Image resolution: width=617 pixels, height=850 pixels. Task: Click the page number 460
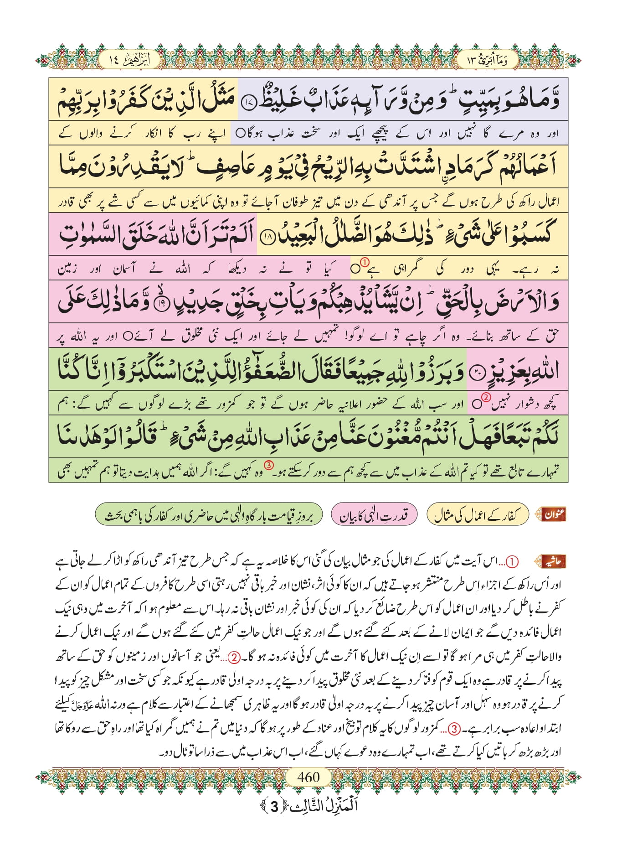(308, 777)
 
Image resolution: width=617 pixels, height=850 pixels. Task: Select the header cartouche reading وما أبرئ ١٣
(488, 60)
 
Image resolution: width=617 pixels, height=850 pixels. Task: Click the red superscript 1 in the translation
(365, 262)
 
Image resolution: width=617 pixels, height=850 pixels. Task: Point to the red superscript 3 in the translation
(269, 466)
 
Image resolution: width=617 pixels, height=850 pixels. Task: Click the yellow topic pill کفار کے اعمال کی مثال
(477, 515)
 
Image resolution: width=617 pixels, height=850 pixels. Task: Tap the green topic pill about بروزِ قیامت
(209, 515)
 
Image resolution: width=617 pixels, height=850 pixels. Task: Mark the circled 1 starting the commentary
(513, 562)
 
